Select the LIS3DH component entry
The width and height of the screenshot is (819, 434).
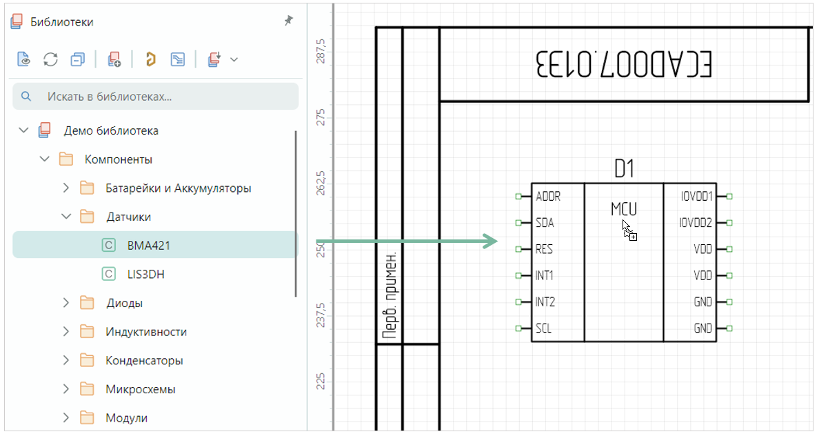pyautogui.click(x=145, y=274)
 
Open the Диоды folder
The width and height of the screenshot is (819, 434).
pyautogui.click(x=124, y=303)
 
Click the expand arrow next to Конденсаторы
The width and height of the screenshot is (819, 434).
pyautogui.click(x=66, y=360)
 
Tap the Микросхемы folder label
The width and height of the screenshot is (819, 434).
pyautogui.click(x=140, y=389)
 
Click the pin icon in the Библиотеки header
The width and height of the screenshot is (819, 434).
pyautogui.click(x=288, y=21)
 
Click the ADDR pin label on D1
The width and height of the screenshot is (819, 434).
pyautogui.click(x=548, y=197)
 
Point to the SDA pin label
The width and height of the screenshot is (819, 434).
pyautogui.click(x=545, y=223)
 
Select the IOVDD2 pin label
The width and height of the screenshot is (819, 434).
pyautogui.click(x=696, y=223)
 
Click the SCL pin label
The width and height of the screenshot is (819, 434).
pyautogui.click(x=543, y=328)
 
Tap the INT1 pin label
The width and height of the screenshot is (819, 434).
pyautogui.click(x=545, y=275)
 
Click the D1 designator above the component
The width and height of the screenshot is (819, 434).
pyautogui.click(x=624, y=168)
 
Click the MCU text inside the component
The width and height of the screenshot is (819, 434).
pyautogui.click(x=623, y=208)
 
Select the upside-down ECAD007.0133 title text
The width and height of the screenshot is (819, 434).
pyautogui.click(x=623, y=65)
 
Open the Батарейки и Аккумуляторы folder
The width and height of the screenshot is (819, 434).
pyautogui.click(x=178, y=188)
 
